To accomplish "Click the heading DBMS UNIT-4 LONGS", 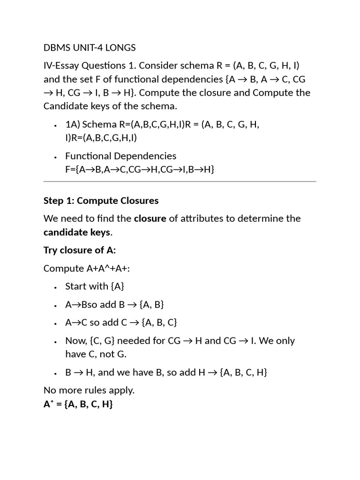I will (x=90, y=47).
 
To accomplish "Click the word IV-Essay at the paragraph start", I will (x=61, y=65).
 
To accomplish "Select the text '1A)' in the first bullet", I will (x=73, y=124).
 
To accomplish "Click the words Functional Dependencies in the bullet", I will (x=120, y=156).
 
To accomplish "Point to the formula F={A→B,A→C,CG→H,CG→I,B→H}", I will (x=140, y=169).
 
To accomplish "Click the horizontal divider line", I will (x=180, y=181).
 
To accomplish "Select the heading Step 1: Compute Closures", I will (x=101, y=201).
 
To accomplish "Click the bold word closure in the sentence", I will (x=150, y=218).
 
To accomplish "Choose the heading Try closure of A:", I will (x=80, y=250).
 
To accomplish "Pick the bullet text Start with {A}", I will (x=95, y=286).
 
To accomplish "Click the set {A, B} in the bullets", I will (x=151, y=304).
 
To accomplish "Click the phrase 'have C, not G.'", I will (x=96, y=354).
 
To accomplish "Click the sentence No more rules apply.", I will (x=89, y=390).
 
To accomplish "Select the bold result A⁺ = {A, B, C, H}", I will (x=78, y=404).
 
